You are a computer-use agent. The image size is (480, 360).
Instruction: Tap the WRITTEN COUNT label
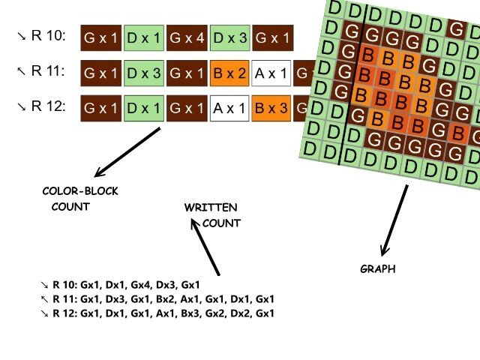[212, 215]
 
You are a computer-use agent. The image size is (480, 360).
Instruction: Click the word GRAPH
[378, 268]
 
